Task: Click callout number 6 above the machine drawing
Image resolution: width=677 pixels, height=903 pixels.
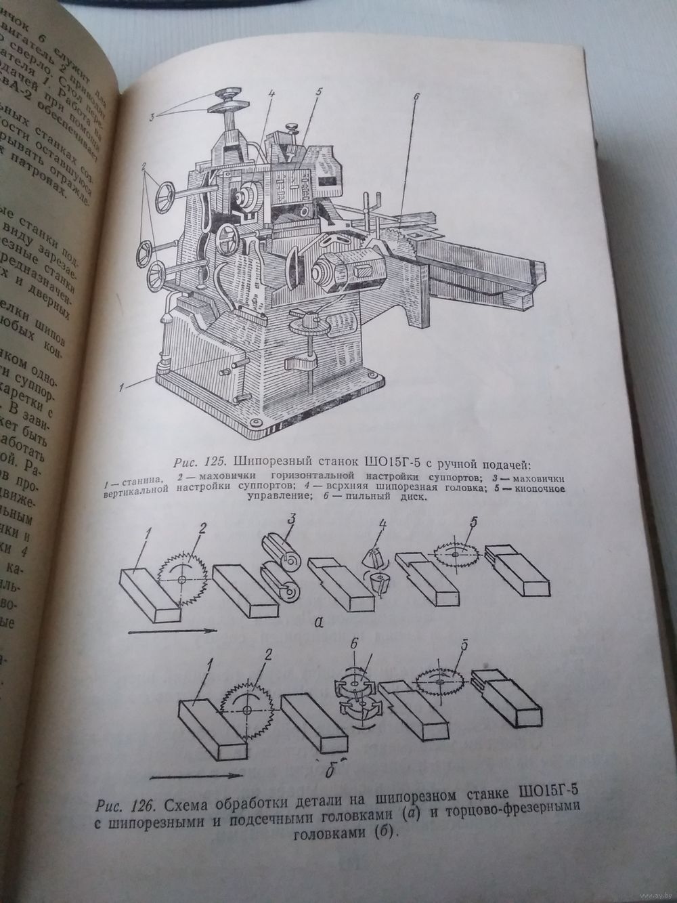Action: pyautogui.click(x=416, y=97)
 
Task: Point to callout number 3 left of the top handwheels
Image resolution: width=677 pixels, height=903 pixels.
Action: pyautogui.click(x=153, y=117)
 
